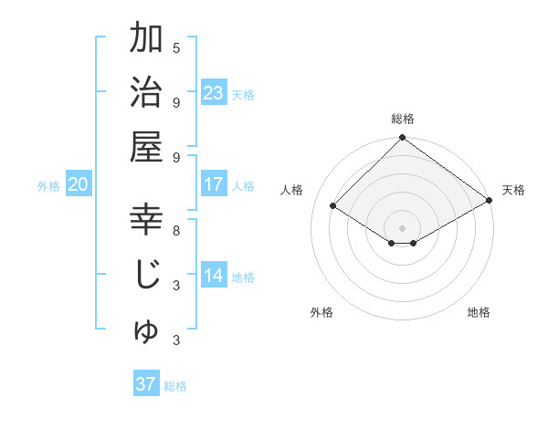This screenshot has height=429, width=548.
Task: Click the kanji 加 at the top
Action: click(x=146, y=39)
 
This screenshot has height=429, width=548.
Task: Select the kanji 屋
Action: click(x=146, y=146)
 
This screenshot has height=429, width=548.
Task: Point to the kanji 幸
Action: click(x=146, y=219)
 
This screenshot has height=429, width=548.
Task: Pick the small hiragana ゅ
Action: click(x=146, y=332)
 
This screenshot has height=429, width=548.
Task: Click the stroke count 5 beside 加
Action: click(x=176, y=47)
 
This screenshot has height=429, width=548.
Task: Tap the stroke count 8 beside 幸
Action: click(x=176, y=230)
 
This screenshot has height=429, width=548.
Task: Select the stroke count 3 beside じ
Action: click(x=176, y=286)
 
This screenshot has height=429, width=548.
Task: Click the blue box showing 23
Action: click(x=214, y=93)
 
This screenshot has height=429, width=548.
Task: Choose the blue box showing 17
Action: click(x=214, y=184)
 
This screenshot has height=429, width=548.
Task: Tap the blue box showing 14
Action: click(x=214, y=277)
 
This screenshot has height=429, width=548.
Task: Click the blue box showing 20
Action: click(x=78, y=184)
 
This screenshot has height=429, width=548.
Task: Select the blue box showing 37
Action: click(x=146, y=384)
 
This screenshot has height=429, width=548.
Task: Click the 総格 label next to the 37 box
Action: click(x=176, y=386)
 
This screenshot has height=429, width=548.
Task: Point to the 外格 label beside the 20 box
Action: click(x=48, y=186)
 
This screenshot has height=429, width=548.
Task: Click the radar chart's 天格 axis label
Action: click(x=513, y=190)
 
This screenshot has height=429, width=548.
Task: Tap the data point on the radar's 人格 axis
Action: click(x=333, y=206)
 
